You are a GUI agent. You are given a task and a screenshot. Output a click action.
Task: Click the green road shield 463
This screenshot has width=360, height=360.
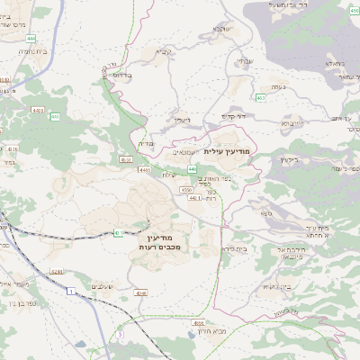coord(260,97)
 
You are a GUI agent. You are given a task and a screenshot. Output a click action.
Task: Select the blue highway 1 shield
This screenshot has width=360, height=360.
coord(70,292)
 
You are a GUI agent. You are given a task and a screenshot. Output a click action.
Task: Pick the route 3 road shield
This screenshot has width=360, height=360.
coord(118,334)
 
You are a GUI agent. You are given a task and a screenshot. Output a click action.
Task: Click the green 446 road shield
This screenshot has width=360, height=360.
coord(193,168)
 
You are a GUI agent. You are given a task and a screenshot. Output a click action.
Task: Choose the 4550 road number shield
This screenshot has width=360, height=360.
coord(185,190)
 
